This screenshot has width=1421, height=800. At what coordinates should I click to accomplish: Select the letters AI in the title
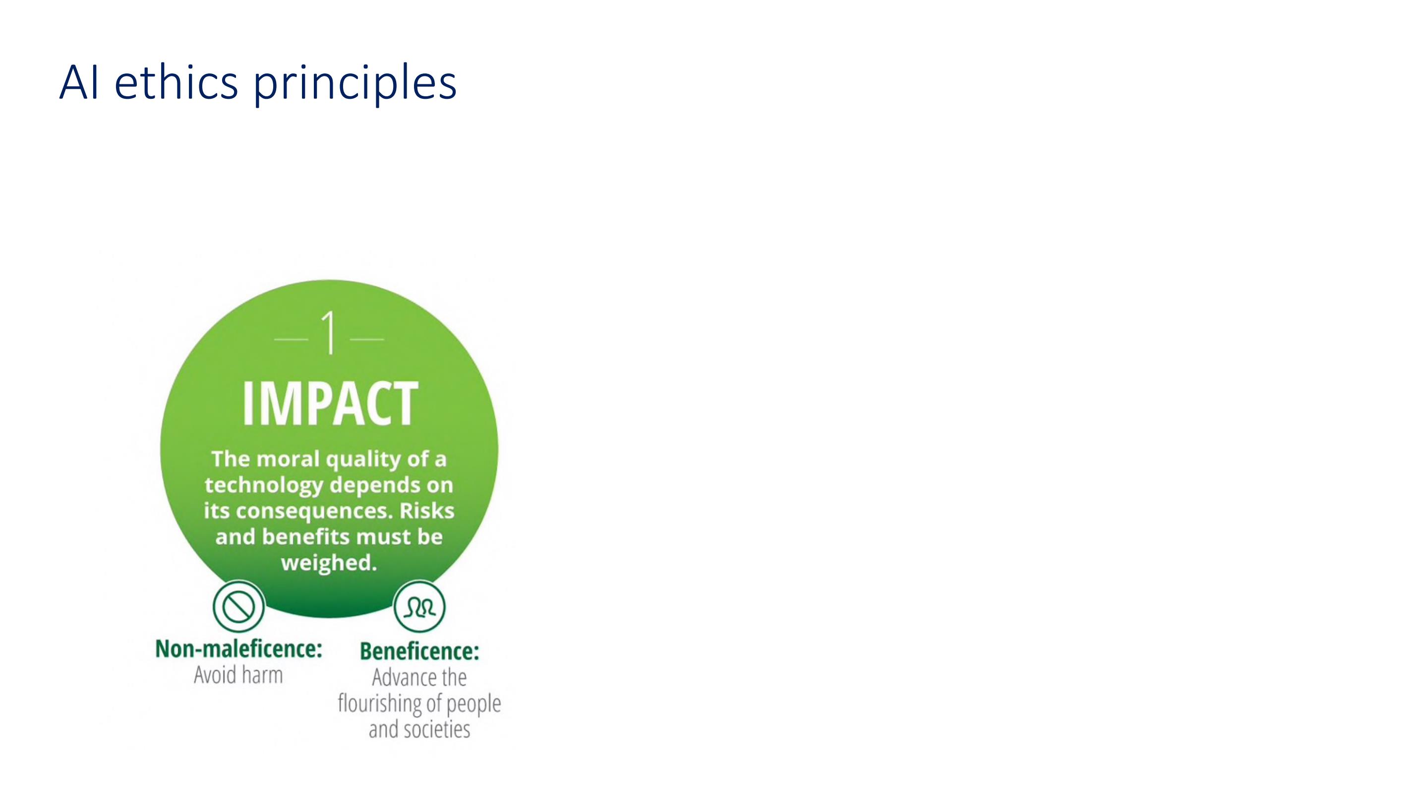[79, 82]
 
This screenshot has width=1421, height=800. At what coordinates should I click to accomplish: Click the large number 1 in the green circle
[329, 332]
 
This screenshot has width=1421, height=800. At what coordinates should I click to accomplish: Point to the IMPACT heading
[330, 403]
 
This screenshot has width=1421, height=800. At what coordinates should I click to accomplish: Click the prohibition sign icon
[238, 607]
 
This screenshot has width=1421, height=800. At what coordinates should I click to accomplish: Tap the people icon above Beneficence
[419, 607]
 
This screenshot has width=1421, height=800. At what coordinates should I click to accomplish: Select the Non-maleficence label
[238, 649]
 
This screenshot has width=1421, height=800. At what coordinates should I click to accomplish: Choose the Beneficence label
[419, 652]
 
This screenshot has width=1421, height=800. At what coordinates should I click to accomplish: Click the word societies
[437, 730]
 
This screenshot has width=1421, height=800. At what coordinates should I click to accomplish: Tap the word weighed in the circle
[329, 563]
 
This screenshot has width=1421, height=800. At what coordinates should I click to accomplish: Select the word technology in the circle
[264, 486]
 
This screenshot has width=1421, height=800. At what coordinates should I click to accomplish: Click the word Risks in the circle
[427, 511]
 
